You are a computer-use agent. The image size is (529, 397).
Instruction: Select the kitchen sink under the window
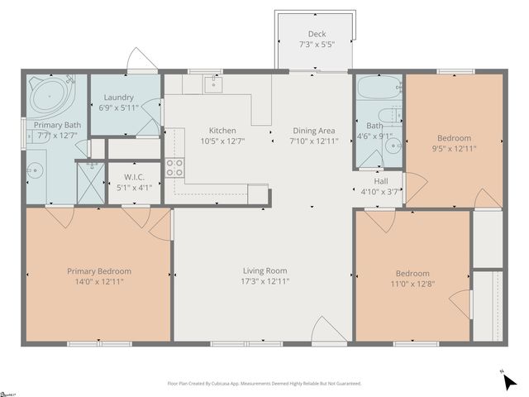tap(215, 84)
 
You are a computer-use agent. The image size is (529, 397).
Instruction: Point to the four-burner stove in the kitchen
tap(174, 167)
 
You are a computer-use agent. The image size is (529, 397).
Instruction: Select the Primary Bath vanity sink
tap(34, 170)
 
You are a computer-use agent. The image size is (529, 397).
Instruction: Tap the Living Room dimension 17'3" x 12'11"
tap(264, 281)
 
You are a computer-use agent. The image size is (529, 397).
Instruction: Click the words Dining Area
tap(314, 131)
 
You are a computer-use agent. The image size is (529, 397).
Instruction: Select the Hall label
tap(380, 181)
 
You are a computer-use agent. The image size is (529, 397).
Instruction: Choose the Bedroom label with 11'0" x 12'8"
tap(412, 273)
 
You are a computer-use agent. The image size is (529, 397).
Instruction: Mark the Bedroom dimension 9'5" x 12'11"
tap(454, 149)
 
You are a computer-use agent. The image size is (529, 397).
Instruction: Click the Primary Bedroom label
tap(99, 270)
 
